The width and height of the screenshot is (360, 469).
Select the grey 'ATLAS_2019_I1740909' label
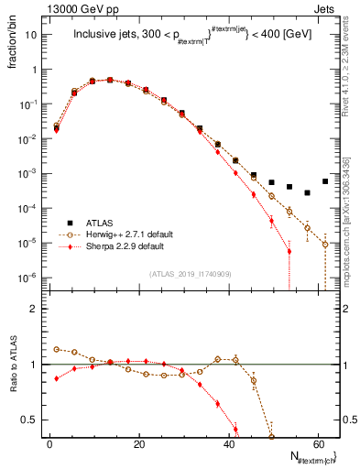tap(189, 273)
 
